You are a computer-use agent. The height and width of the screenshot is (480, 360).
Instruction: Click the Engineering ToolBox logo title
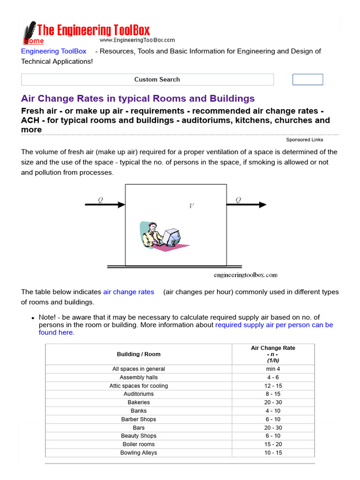click(x=93, y=31)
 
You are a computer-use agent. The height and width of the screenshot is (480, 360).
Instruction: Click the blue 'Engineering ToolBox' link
click(x=53, y=51)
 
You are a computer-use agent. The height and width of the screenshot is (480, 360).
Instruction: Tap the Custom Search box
click(x=147, y=80)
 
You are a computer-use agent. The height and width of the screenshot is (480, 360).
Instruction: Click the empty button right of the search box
click(x=307, y=80)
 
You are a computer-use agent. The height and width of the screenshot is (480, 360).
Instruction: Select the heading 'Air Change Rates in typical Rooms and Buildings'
click(x=138, y=98)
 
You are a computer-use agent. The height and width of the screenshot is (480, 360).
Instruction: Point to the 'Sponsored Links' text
click(x=304, y=140)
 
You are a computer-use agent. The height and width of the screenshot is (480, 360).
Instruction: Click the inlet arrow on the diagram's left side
click(x=105, y=204)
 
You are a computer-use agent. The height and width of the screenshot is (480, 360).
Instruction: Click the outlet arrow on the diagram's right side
click(x=247, y=204)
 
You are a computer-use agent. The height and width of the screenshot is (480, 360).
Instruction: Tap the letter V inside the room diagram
click(x=191, y=206)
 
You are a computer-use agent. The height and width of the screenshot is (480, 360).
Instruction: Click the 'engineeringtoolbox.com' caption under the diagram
click(x=245, y=275)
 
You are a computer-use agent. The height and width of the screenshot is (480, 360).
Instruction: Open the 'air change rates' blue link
click(x=128, y=292)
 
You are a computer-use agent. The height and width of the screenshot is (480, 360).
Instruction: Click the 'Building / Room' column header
click(x=139, y=354)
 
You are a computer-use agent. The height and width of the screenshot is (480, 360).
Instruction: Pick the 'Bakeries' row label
click(x=139, y=402)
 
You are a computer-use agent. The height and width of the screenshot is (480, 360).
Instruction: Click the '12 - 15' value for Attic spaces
click(x=273, y=386)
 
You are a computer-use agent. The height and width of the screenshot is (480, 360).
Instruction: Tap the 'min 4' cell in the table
click(x=273, y=369)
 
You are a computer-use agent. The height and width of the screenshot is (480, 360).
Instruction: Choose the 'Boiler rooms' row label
click(x=139, y=444)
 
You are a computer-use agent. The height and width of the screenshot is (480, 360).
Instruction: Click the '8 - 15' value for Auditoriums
click(x=273, y=394)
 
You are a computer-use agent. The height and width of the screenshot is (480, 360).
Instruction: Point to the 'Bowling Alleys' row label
click(x=139, y=453)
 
